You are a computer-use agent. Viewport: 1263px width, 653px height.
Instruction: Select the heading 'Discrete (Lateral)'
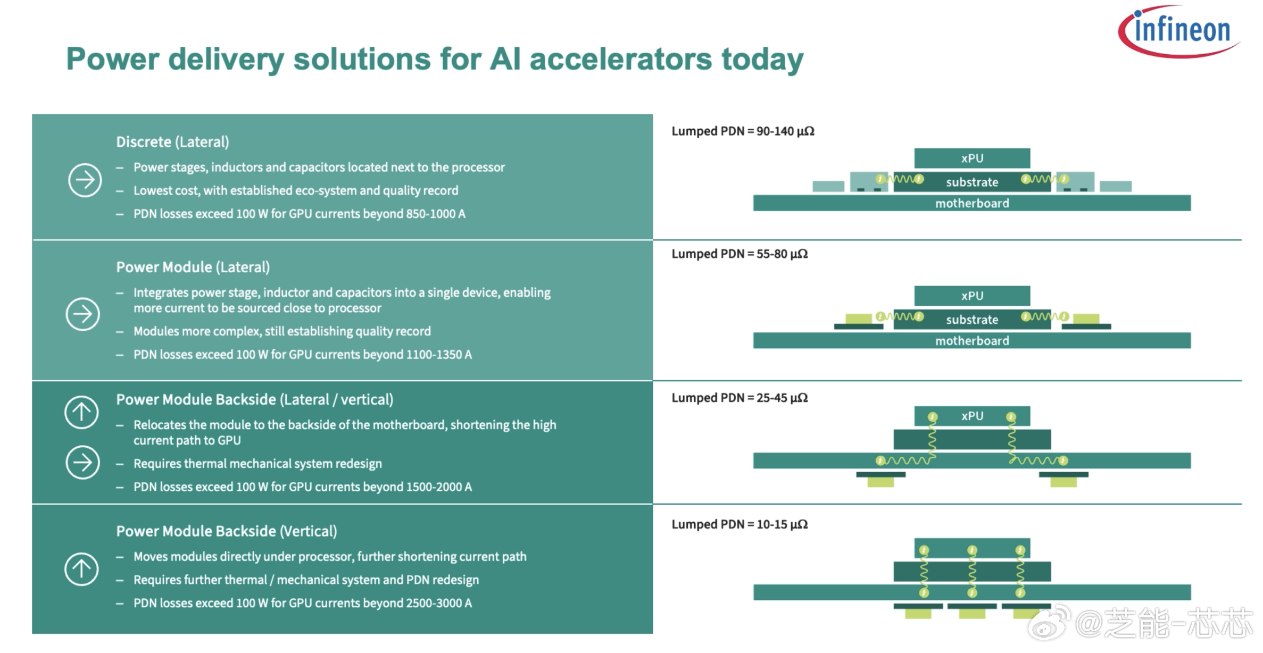click(x=172, y=142)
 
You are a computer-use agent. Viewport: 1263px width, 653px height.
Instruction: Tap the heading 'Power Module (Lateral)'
click(x=193, y=267)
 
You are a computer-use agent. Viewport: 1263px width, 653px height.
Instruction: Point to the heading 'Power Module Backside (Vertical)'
click(x=227, y=531)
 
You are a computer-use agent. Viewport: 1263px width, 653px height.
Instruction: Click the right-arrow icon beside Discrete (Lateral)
click(x=85, y=180)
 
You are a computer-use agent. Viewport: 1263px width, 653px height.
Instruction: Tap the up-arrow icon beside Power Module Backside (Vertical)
click(x=81, y=569)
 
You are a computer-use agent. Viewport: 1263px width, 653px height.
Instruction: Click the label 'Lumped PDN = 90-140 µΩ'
click(x=743, y=131)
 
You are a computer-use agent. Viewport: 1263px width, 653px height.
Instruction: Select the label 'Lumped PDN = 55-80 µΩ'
click(x=739, y=254)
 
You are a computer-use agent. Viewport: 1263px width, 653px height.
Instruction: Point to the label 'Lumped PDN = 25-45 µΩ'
click(x=739, y=398)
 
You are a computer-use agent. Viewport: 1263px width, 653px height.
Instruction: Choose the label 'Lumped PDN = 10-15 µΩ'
click(x=739, y=524)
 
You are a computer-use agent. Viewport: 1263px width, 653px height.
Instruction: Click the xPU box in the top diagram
click(x=972, y=158)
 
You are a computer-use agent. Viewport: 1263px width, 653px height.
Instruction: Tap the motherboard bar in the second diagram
click(x=972, y=340)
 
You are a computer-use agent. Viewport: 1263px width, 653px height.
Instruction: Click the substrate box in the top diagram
click(x=972, y=182)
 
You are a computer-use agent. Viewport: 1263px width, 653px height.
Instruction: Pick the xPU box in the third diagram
click(x=972, y=416)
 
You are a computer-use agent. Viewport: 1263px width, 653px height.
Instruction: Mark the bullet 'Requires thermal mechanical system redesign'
click(x=257, y=464)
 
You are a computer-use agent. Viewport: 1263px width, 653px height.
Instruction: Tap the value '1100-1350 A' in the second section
click(x=439, y=355)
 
